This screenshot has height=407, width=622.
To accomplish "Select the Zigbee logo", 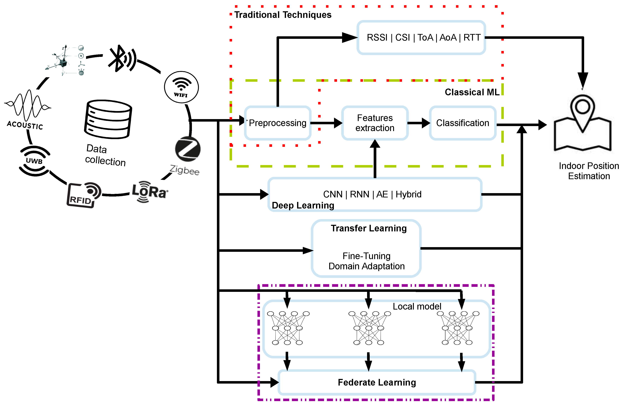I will pyautogui.click(x=188, y=149).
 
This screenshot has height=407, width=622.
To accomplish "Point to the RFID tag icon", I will pyautogui.click(x=84, y=195).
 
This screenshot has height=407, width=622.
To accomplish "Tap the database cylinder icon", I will pyautogui.click(x=108, y=119).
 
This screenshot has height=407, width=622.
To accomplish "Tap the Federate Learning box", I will pyautogui.click(x=377, y=382).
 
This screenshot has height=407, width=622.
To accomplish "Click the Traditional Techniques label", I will pyautogui.click(x=283, y=15).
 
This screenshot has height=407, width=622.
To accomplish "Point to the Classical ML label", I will pyautogui.click(x=472, y=92).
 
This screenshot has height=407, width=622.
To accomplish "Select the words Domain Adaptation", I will pyautogui.click(x=366, y=266).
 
